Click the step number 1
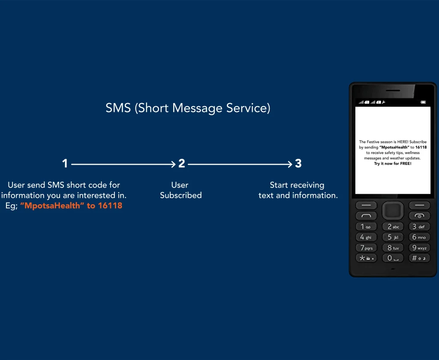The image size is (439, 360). coord(65,163)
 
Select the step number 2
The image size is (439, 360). coord(182,163)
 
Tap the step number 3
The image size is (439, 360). coord(298,163)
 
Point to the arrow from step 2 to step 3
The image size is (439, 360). coord(240,164)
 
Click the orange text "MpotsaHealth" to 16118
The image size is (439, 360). coord(71,206)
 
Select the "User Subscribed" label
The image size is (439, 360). coord(180,190)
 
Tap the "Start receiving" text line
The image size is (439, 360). coord(297,185)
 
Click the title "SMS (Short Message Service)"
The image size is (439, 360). coord(188,108)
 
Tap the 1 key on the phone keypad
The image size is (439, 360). coord(366,227)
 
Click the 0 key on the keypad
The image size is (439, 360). coord(393,258)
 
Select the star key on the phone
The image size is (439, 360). coord(366,258)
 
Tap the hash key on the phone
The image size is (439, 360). coord(419,258)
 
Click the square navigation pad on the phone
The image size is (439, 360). coord(393,211)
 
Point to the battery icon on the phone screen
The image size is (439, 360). coord(423,102)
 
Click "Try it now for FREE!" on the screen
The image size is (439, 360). coord(393,163)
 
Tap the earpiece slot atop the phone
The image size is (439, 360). coord(393,91)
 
